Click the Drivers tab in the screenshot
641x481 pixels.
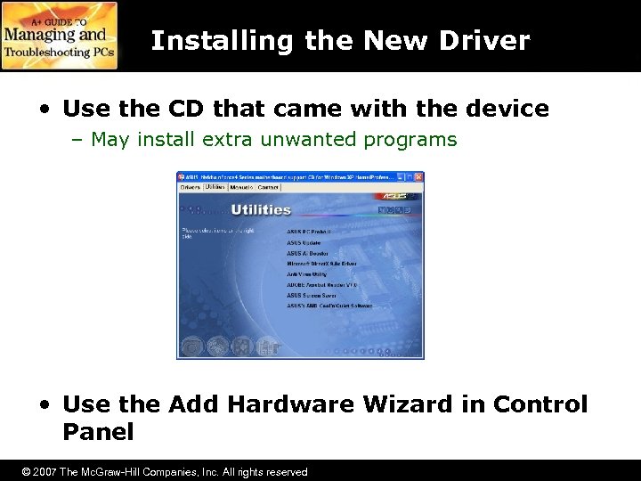tap(191, 187)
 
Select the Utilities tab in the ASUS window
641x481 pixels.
tap(215, 187)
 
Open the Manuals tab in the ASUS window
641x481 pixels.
tap(241, 187)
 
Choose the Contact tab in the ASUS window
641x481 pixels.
tap(268, 187)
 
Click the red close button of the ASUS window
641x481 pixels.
tap(418, 176)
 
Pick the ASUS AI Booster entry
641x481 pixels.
tap(307, 253)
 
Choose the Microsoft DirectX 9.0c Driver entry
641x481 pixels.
tap(321, 264)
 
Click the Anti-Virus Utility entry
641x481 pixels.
tap(307, 274)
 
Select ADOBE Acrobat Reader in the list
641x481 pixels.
tap(321, 285)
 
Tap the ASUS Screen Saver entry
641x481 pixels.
tap(312, 296)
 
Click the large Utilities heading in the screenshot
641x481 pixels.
tap(261, 209)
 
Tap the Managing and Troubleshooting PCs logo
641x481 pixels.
tap(59, 36)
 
